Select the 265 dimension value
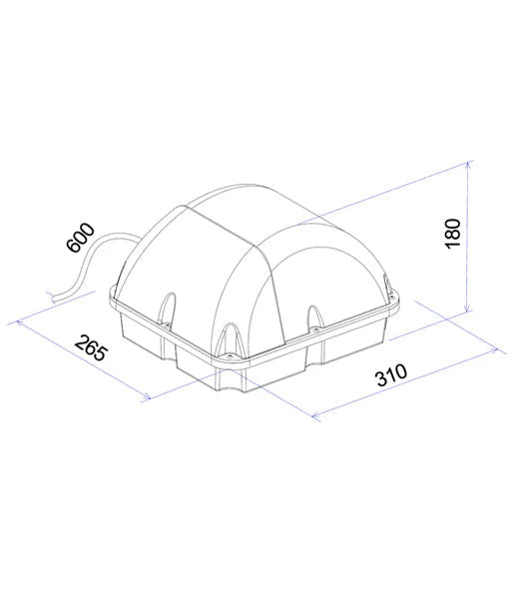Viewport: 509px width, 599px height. coord(91,352)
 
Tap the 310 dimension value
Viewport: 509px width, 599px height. coord(393,377)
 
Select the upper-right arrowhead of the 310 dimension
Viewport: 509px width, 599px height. coord(496,348)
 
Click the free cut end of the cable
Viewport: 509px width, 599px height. coord(50,296)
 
